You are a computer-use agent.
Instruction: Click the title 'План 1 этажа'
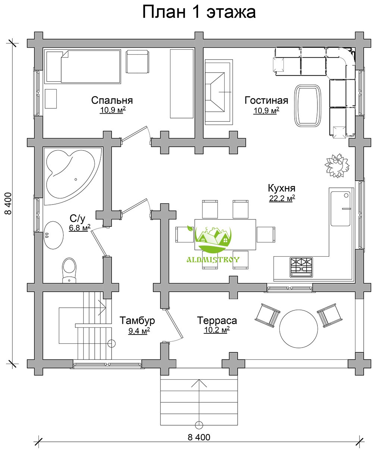click(199, 12)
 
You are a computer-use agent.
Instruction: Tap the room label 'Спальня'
click(112, 100)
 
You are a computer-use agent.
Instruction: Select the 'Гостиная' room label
click(266, 100)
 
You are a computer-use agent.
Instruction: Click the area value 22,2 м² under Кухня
click(282, 198)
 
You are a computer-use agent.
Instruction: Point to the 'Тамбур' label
click(137, 320)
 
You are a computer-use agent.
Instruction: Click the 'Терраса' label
click(217, 320)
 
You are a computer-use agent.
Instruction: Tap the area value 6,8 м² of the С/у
click(80, 228)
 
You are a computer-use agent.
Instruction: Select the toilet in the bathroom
click(69, 270)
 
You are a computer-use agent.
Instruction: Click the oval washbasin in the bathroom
click(54, 235)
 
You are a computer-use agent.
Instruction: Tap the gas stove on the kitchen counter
click(301, 267)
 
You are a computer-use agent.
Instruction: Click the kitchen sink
click(341, 209)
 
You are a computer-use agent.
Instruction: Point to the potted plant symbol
click(337, 166)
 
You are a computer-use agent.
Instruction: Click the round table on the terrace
click(298, 329)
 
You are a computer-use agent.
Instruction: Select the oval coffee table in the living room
click(308, 105)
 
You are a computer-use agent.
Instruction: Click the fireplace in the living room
click(219, 92)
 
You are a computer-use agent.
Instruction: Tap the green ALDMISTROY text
click(213, 260)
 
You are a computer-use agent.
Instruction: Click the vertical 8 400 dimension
click(9, 203)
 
